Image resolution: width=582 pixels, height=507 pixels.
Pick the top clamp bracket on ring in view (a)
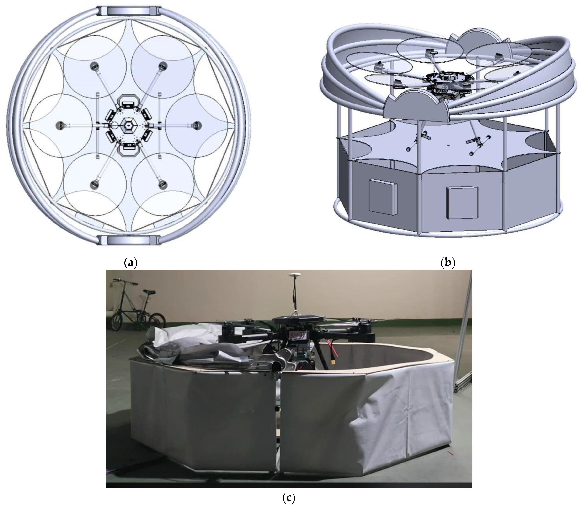tap(129, 11)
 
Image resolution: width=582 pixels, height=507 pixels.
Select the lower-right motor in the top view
tap(163, 185)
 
